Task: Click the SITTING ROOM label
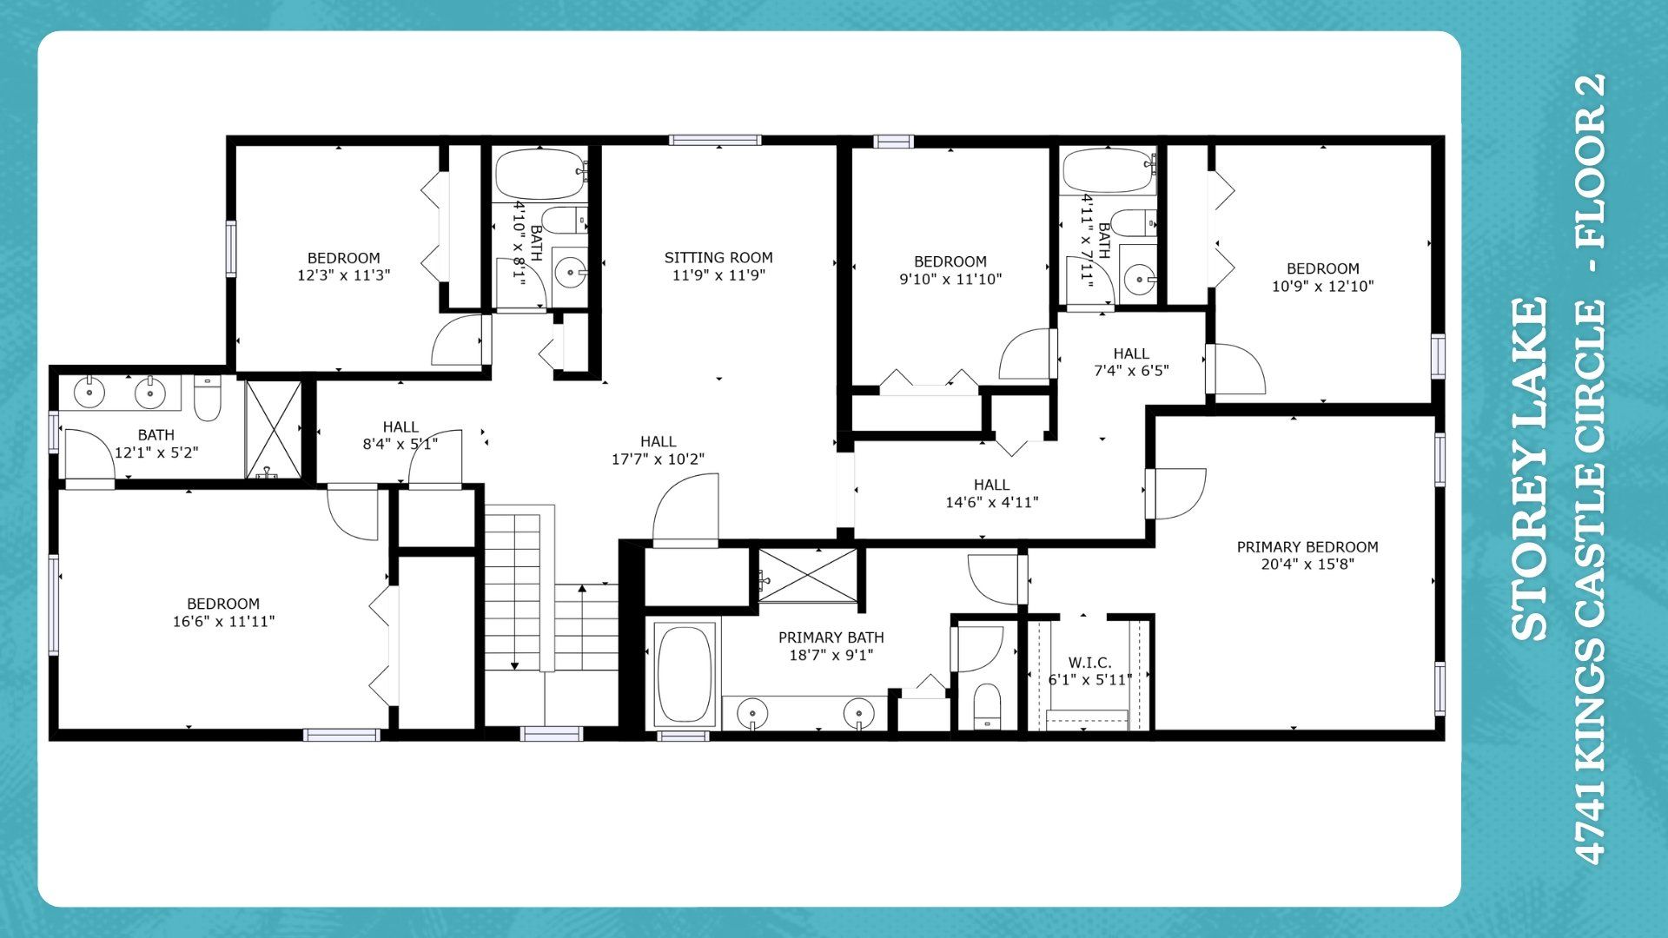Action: [x=718, y=258]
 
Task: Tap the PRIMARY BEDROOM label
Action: [x=1307, y=547]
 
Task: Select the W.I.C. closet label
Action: [x=1089, y=663]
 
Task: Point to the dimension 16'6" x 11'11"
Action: [x=223, y=621]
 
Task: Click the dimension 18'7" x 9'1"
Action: [x=831, y=655]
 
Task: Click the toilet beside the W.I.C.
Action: [x=987, y=706]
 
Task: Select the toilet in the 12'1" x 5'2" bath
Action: [x=207, y=398]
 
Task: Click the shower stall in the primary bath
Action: [x=808, y=575]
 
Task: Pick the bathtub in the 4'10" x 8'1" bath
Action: [x=540, y=175]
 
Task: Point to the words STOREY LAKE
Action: [x=1529, y=469]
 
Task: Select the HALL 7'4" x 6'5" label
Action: [x=1131, y=362]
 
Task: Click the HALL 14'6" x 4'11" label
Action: [x=991, y=493]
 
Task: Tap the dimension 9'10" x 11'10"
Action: [x=950, y=279]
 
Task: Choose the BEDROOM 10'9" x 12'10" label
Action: [x=1323, y=277]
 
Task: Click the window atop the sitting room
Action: [x=715, y=140]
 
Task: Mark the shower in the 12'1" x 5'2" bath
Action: [x=273, y=429]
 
